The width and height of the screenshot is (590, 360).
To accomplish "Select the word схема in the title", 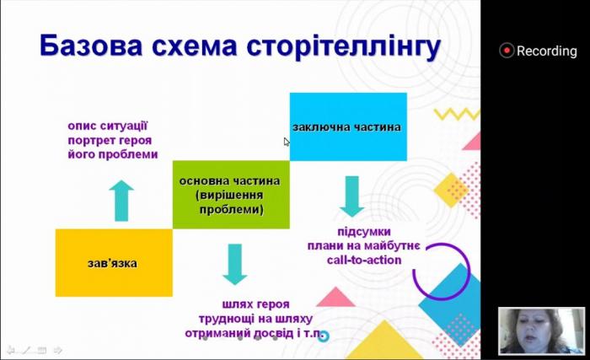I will pos(192,48).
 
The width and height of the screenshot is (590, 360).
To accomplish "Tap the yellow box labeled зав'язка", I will pos(112,263).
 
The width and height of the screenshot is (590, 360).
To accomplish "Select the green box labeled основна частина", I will pos(229,195).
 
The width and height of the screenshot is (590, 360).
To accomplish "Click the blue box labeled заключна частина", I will pos(347,126).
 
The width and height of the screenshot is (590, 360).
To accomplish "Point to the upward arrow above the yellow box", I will pos(122,200).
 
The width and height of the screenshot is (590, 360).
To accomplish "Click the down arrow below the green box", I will pos(235,264).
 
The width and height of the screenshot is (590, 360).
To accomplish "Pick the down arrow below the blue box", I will pos(351,196).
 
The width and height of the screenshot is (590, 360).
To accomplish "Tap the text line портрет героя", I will pos(113,141).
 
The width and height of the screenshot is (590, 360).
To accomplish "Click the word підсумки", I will pos(363,231).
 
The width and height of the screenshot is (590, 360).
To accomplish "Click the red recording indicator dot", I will pos(507,51).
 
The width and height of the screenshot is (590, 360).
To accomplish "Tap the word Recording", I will pos(546,51).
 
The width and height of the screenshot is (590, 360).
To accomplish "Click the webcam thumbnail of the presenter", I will pos(530,330).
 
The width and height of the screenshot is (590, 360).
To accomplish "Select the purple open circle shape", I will pos(443,271).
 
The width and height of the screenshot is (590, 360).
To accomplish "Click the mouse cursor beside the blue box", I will pos(287,142).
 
